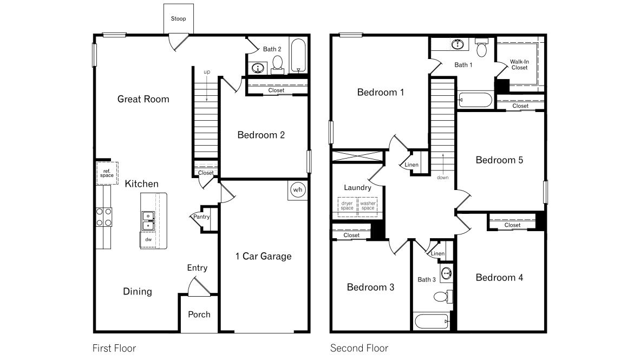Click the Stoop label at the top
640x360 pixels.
178,19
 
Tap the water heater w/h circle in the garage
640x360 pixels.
297,190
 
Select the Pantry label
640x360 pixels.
201,217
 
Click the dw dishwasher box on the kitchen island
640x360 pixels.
148,238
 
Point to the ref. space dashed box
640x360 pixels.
107,173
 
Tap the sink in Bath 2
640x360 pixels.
258,68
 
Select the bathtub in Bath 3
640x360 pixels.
432,322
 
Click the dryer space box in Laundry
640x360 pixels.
347,206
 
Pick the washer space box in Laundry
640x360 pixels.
368,206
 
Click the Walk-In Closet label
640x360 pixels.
519,64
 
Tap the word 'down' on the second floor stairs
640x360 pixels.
443,177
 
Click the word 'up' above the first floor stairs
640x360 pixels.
207,71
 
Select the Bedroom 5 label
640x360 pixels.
499,160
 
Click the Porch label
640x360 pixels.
199,314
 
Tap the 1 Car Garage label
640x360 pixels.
263,256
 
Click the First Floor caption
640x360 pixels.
114,348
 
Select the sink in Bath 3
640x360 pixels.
446,273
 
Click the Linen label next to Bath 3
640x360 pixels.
437,253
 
